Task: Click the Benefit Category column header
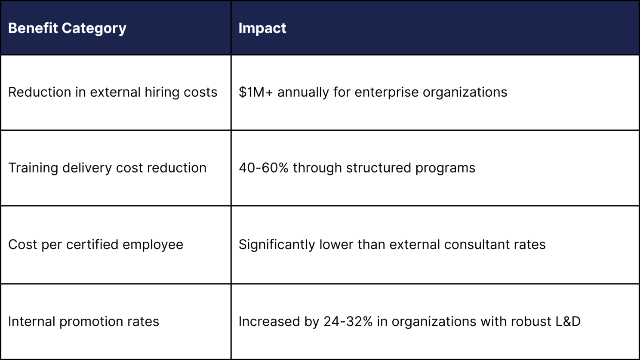click(x=67, y=28)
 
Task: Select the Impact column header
click(x=262, y=28)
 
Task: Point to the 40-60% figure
click(x=263, y=168)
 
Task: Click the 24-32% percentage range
click(x=348, y=322)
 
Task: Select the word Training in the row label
click(x=33, y=168)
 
